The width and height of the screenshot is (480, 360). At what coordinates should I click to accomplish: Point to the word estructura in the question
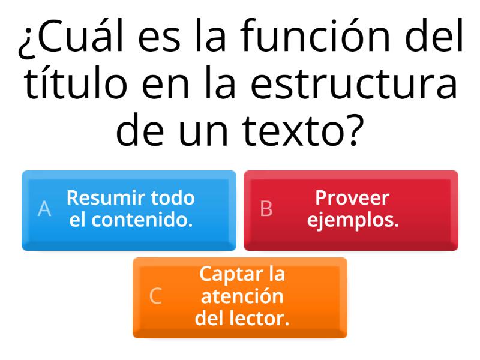point(354,86)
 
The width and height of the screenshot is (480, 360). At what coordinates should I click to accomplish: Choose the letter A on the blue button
point(44,209)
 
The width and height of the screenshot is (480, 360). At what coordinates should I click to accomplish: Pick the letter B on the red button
point(266,209)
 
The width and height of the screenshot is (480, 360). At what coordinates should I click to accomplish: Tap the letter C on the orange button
point(155,296)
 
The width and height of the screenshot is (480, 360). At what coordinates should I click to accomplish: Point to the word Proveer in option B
point(352,197)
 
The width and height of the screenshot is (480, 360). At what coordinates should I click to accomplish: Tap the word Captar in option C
point(225,274)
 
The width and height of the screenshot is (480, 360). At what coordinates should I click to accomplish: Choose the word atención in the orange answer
point(242,296)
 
